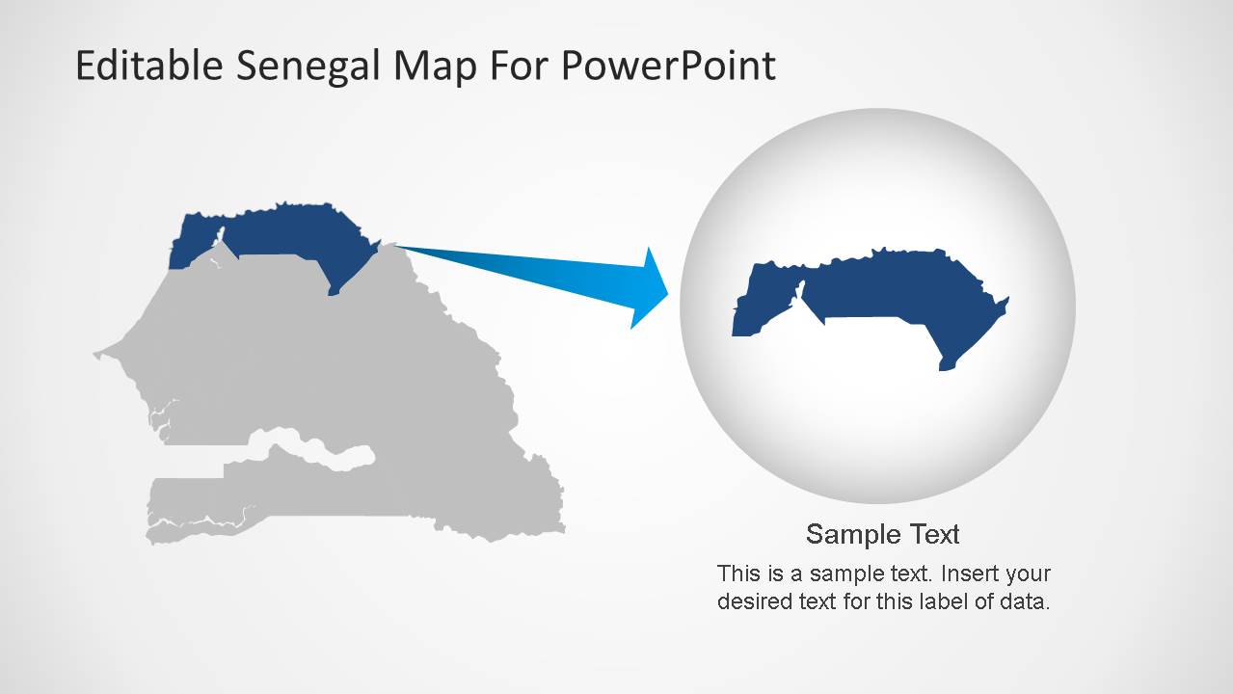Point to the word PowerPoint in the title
[x=669, y=66]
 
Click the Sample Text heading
[x=882, y=534]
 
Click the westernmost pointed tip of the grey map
[x=95, y=355]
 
